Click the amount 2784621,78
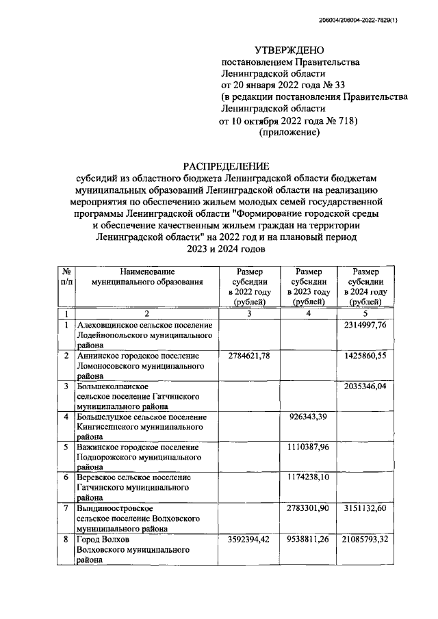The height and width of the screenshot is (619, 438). pos(247,356)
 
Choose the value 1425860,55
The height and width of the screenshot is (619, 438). pos(366,356)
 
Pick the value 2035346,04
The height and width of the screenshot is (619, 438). pos(366,387)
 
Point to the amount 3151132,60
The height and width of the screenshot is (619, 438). pos(366,510)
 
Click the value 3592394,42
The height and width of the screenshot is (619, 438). pos(247,540)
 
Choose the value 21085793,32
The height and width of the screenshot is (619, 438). pos(366,540)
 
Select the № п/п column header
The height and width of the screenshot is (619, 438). pos(66,277)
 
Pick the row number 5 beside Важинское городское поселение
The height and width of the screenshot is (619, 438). pos(66,447)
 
